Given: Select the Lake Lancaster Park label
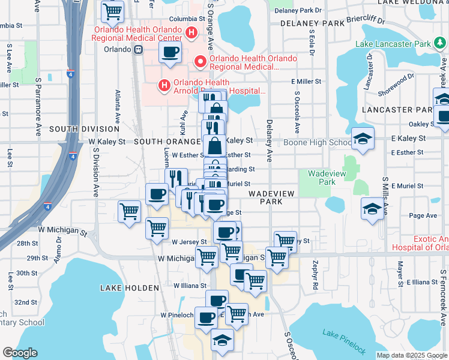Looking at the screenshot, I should pyautogui.click(x=393, y=44).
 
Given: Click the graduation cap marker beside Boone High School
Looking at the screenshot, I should pyautogui.click(x=363, y=139).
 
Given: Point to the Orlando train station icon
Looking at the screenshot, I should pyautogui.click(x=139, y=50).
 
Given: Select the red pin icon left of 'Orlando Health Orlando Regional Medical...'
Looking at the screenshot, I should pyautogui.click(x=199, y=62).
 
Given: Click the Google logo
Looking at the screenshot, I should pyautogui.click(x=20, y=352).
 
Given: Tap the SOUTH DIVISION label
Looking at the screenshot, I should pyautogui.click(x=85, y=129).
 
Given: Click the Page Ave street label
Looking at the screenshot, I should pyautogui.click(x=423, y=215).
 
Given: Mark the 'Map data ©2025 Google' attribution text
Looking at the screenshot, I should pyautogui.click(x=411, y=355).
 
